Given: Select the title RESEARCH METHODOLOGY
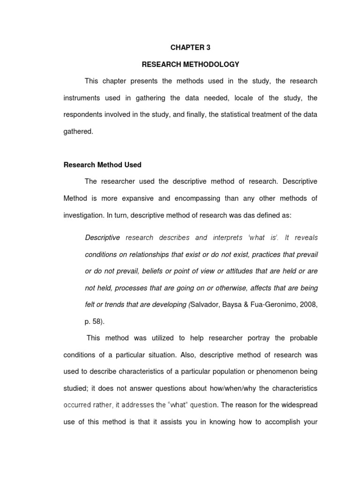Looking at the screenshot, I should [x=190, y=64].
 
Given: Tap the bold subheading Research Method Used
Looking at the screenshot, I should [x=102, y=165].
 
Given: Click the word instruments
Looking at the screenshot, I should [x=82, y=98].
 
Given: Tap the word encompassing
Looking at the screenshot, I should [x=195, y=198].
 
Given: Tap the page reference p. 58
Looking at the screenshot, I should [x=95, y=322].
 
